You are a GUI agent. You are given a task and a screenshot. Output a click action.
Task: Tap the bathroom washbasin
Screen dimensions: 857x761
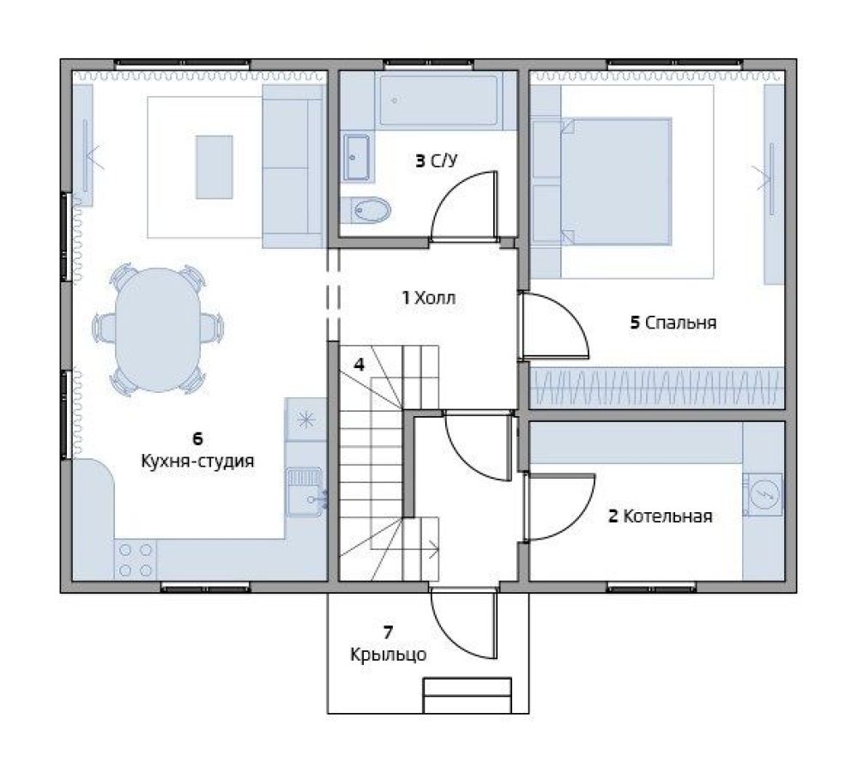point(356,158)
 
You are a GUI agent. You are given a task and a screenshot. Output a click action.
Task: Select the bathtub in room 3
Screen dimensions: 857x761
point(439,100)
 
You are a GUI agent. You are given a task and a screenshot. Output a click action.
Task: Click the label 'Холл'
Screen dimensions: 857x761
point(435,298)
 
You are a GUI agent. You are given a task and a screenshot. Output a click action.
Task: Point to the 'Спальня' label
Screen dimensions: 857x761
point(680,323)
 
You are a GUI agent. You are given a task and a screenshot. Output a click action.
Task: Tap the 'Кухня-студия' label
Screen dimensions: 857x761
point(198,461)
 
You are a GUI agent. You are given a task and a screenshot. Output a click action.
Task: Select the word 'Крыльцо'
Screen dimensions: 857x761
point(388,655)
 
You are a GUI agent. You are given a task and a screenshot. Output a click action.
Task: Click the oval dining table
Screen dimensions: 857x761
point(159,329)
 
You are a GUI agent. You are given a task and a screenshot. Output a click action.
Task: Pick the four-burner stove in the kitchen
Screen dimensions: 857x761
point(135,560)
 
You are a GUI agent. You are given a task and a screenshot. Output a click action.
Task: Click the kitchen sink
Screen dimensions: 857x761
point(305,492)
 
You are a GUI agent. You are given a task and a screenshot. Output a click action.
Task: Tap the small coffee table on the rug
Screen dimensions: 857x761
point(214,166)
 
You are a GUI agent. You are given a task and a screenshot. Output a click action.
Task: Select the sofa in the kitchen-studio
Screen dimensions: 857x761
point(293,166)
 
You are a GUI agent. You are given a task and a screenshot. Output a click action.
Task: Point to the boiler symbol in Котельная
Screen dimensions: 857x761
point(763,493)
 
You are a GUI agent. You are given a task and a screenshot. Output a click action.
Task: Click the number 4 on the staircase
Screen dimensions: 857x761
point(359,364)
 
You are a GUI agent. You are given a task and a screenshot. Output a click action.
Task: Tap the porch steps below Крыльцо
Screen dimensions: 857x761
point(468,696)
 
